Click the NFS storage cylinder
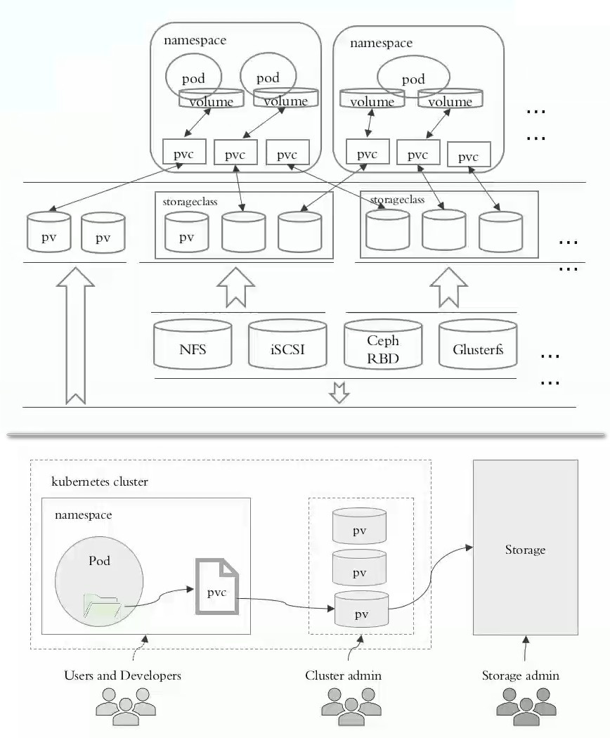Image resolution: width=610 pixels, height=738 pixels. [193, 344]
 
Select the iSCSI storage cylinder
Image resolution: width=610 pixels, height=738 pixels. [287, 344]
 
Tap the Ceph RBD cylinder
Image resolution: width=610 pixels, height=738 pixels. [383, 344]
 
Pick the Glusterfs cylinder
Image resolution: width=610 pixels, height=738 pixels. [478, 344]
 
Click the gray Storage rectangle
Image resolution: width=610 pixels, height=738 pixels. [525, 548]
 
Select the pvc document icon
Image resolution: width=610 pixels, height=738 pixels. [217, 586]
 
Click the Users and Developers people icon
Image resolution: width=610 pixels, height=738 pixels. [126, 706]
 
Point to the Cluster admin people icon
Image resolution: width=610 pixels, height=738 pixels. [351, 706]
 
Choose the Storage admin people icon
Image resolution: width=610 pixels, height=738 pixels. [526, 706]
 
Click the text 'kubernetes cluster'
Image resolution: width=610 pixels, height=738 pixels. [99, 481]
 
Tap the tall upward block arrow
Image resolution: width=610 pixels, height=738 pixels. [75, 336]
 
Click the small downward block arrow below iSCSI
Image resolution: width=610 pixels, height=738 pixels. [339, 392]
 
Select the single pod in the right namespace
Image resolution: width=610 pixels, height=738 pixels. [413, 77]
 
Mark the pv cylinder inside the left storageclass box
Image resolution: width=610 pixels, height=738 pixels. [187, 232]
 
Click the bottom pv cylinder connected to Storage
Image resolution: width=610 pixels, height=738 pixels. [361, 609]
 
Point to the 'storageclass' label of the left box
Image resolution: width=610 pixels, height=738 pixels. [190, 202]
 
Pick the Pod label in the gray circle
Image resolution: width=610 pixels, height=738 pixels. [99, 561]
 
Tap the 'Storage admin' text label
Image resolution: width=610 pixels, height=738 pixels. [521, 675]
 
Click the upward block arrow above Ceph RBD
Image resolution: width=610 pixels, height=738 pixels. [448, 287]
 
